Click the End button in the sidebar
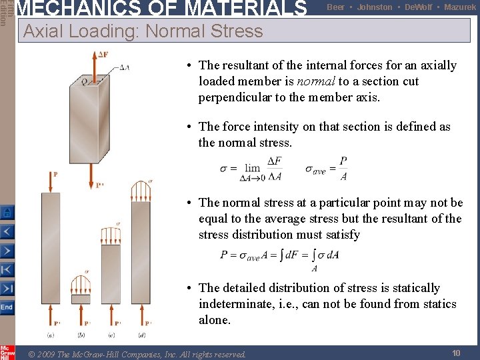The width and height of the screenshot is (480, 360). coord(6,307)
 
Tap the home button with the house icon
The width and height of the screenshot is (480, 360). coord(6,213)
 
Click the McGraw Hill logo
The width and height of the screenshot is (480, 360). coord(7,352)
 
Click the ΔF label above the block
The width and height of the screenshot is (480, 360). coord(103,54)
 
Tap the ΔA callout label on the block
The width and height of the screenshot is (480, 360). coord(124,67)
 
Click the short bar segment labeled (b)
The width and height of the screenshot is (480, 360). coord(81,299)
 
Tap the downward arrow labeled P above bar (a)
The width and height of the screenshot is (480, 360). coord(50,181)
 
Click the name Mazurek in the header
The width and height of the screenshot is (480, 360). coord(460,7)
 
